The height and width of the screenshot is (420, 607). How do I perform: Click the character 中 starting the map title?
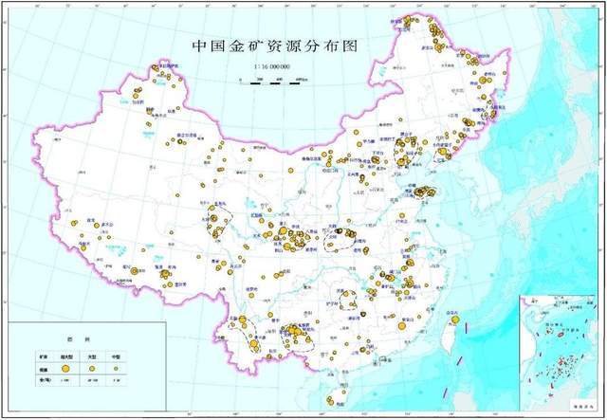tap(199, 46)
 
